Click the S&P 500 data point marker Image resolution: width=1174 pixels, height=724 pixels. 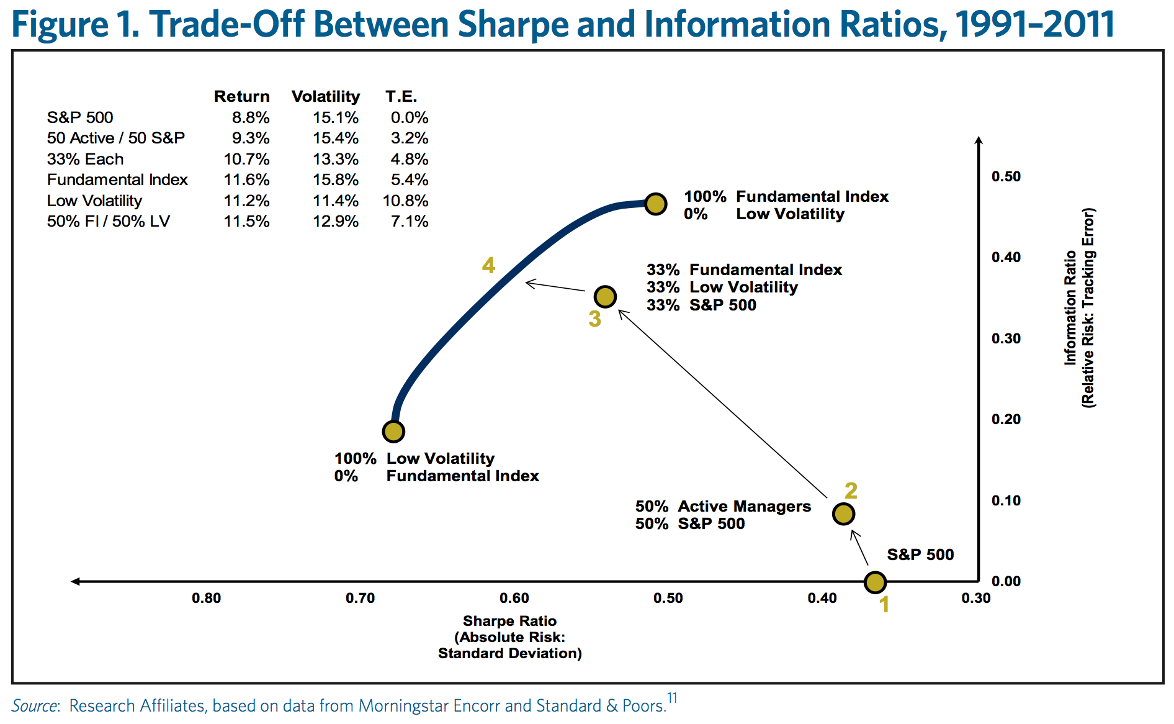pyautogui.click(x=875, y=582)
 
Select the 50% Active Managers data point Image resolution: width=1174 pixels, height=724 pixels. pyautogui.click(x=843, y=514)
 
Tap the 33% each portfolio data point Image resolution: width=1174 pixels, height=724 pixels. pyautogui.click(x=605, y=297)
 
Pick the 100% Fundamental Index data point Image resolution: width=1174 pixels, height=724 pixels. pyautogui.click(x=655, y=204)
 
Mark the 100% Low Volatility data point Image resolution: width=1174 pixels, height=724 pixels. pyautogui.click(x=393, y=431)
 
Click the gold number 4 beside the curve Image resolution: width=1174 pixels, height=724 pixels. pyautogui.click(x=489, y=266)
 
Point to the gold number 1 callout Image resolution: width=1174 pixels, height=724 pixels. pyautogui.click(x=884, y=604)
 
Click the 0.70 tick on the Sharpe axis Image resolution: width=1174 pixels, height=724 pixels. pyautogui.click(x=361, y=598)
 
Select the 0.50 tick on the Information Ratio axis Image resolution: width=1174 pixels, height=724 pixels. pyautogui.click(x=1006, y=176)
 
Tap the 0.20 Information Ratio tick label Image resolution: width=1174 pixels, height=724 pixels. pyautogui.click(x=1006, y=419)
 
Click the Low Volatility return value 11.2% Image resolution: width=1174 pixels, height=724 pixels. pyautogui.click(x=246, y=201)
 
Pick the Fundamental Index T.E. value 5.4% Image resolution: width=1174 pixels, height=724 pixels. pyautogui.click(x=410, y=179)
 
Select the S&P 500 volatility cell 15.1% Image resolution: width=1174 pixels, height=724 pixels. pyautogui.click(x=335, y=117)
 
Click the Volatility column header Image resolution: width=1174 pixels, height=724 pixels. pyautogui.click(x=326, y=96)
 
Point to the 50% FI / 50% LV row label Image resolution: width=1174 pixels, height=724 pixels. pyautogui.click(x=109, y=221)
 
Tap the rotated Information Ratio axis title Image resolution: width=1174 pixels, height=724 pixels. pyautogui.click(x=1080, y=308)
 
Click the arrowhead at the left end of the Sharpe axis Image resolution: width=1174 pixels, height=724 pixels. pyautogui.click(x=75, y=581)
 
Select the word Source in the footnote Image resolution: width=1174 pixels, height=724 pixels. pyautogui.click(x=34, y=706)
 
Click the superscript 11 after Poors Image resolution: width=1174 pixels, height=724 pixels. pyautogui.click(x=673, y=698)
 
